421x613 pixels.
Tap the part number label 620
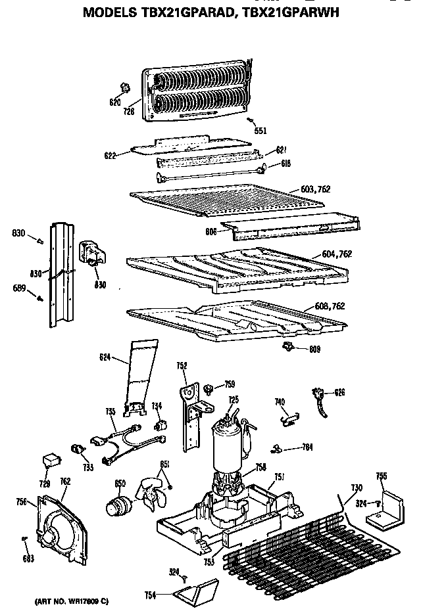coord(115,102)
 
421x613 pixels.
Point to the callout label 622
coord(111,156)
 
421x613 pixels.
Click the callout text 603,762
coord(315,189)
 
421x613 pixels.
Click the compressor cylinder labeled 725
coord(226,443)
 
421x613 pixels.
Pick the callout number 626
coord(339,392)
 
